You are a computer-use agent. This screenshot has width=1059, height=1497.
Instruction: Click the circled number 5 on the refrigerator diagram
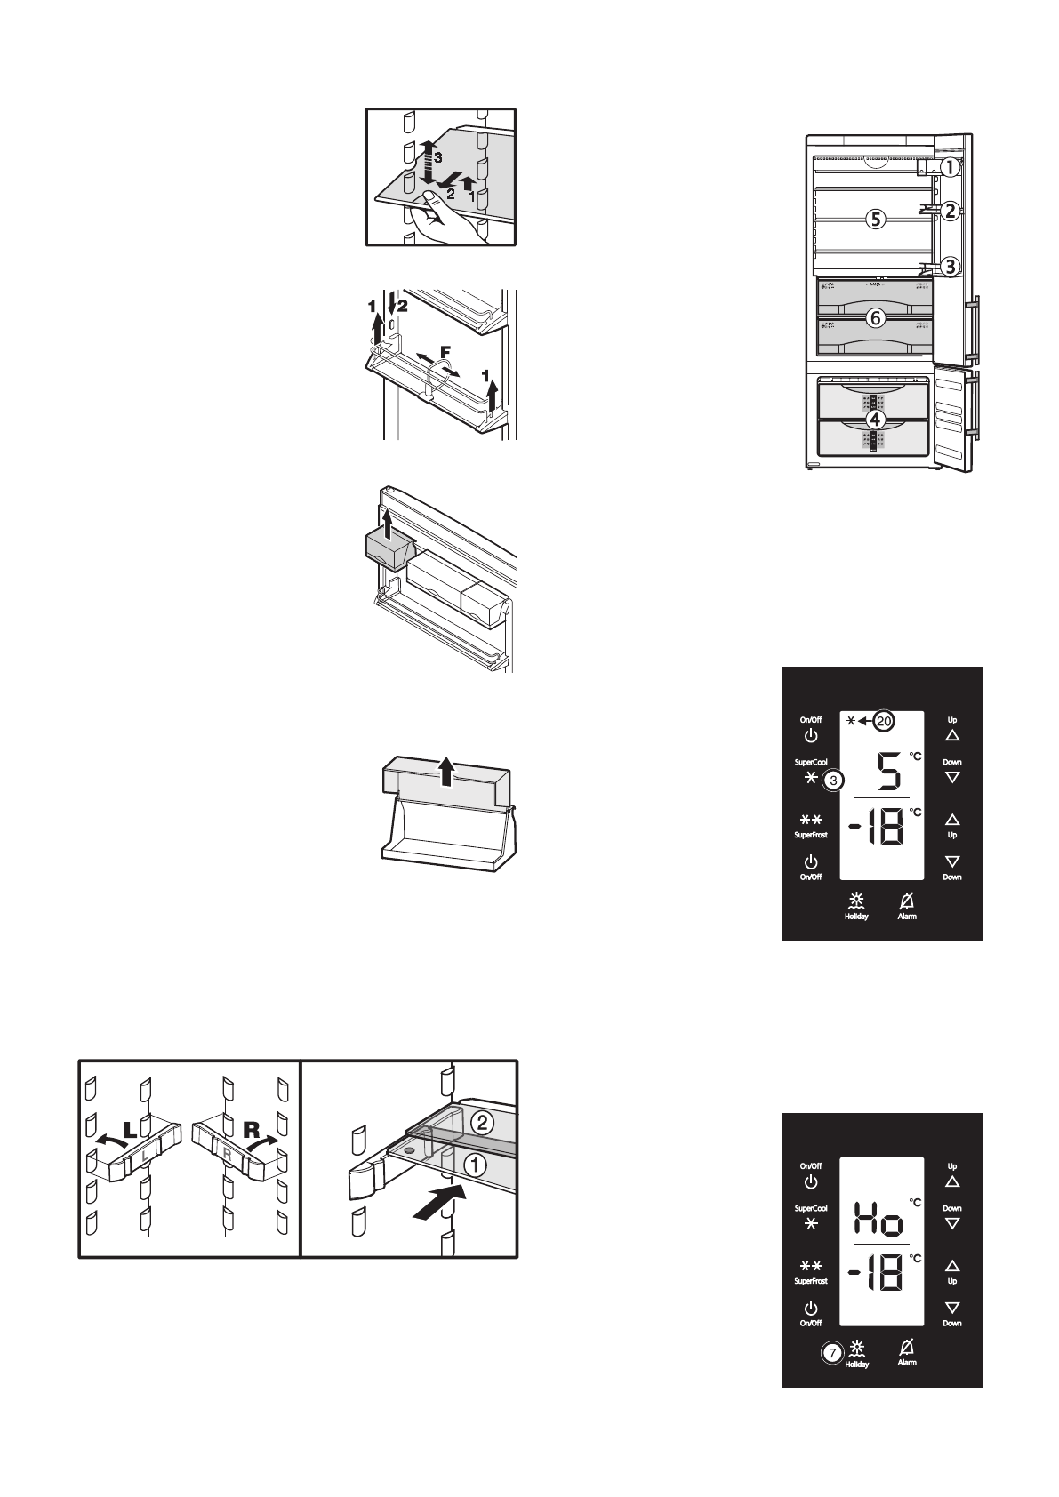(x=876, y=220)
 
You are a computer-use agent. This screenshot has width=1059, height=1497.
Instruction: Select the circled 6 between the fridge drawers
(x=876, y=317)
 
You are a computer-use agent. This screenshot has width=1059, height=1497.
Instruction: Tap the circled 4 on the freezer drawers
(x=876, y=418)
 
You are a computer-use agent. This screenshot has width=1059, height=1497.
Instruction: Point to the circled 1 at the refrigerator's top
(x=951, y=167)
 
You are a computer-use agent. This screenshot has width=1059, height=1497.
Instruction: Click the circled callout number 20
(x=882, y=722)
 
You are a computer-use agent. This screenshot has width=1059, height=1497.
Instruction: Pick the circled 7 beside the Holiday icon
(x=830, y=1352)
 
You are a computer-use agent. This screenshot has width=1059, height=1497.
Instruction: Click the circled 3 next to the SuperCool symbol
(x=833, y=781)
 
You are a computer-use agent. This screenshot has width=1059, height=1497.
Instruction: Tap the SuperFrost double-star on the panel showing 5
(x=810, y=819)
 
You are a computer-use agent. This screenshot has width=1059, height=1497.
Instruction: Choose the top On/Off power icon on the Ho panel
(x=810, y=1181)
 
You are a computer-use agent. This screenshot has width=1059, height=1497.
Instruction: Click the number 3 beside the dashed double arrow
(x=437, y=156)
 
